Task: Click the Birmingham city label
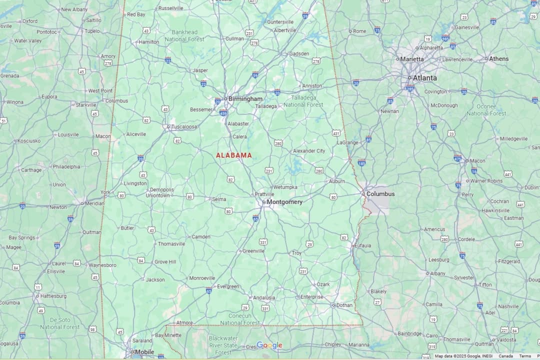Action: pos(245,99)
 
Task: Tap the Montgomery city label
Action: pos(284,202)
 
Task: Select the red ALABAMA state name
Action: pos(234,155)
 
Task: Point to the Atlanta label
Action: pos(424,78)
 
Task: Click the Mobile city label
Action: pos(144,352)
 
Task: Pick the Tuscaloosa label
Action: pos(183,127)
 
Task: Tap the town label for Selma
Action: pos(219,199)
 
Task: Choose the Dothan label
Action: pos(344,305)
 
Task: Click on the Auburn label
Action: pos(336,181)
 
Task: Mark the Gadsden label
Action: pos(299,54)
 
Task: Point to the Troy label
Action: pos(296,253)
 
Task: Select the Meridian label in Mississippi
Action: pos(94,203)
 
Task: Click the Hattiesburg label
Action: pos(53,296)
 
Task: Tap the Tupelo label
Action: pos(92,31)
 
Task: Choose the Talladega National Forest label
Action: pos(303,101)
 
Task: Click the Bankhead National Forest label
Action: pos(184,35)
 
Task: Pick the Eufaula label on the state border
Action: pos(362,245)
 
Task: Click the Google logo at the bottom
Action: pos(269,345)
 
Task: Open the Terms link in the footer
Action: pos(525,356)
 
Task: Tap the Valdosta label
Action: pos(506,340)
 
